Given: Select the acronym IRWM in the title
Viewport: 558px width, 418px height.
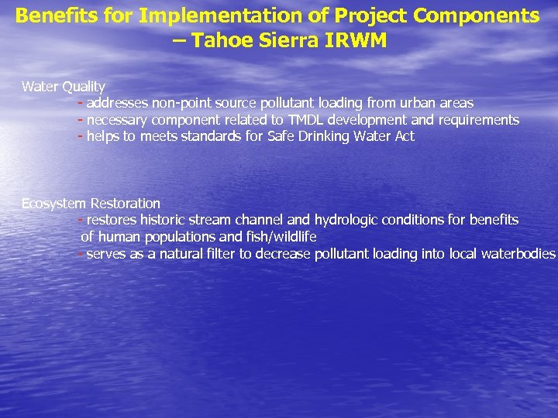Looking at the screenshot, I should coord(356,40).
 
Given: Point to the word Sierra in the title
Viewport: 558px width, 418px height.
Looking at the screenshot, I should coord(289,40).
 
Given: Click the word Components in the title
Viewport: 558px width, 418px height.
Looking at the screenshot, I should coord(484,15).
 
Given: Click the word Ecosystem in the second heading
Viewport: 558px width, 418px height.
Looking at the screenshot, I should coord(53,204).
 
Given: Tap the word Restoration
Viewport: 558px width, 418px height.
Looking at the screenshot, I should coord(126,204).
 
